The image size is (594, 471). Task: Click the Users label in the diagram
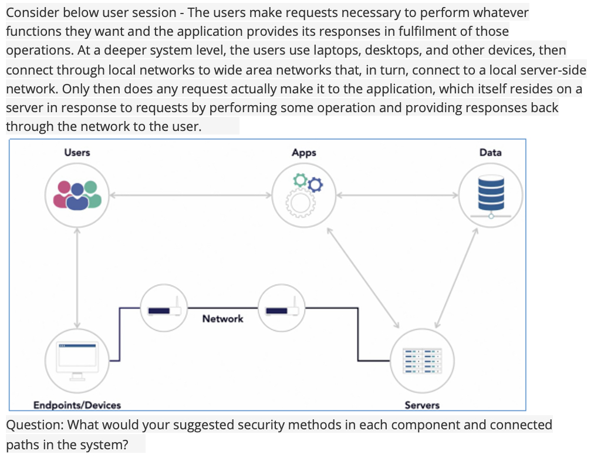(x=77, y=153)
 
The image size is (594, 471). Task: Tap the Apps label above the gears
(x=303, y=153)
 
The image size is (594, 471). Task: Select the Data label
(x=490, y=153)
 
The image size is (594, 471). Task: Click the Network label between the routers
(x=222, y=318)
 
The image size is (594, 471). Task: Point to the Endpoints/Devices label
(x=77, y=405)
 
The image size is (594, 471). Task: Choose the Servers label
(x=421, y=405)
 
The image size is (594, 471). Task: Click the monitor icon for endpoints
(x=77, y=356)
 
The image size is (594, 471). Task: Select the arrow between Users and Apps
(x=191, y=194)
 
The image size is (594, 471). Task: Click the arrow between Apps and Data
(x=397, y=194)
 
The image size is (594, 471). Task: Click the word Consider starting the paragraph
(x=32, y=12)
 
